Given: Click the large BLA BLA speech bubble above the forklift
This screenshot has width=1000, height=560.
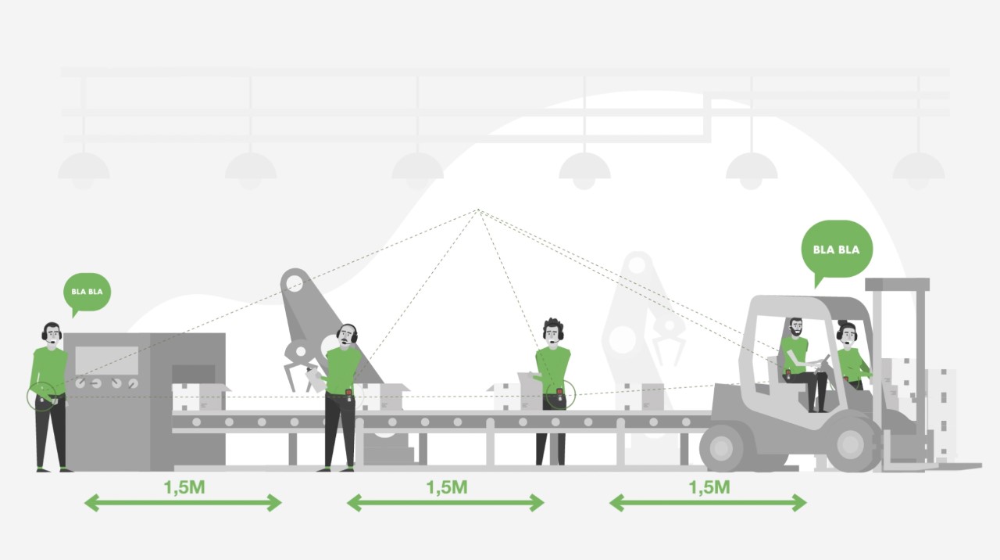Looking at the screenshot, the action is (837, 250).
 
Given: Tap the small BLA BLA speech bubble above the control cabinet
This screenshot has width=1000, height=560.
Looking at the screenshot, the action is (87, 293).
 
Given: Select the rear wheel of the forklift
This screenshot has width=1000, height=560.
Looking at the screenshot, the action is (722, 447).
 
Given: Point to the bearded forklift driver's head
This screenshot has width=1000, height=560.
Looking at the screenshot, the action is (795, 328).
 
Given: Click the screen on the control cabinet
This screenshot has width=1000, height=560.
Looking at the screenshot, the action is (107, 361).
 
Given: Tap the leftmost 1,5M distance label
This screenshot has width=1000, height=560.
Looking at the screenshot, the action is (184, 487).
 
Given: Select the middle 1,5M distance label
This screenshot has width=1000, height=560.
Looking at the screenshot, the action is (447, 487).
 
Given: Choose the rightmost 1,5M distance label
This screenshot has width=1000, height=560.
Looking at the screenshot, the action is (709, 487).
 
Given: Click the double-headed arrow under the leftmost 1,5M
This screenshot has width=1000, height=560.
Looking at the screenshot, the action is (183, 503).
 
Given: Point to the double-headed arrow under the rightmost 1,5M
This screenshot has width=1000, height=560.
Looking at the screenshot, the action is (708, 503).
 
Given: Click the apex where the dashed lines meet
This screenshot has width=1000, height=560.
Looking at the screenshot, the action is (478, 209).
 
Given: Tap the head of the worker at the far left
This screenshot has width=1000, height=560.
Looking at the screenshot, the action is (52, 332).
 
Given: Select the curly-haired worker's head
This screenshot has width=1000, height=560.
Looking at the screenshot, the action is (553, 330).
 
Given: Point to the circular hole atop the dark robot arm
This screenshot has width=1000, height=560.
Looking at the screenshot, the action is (295, 283).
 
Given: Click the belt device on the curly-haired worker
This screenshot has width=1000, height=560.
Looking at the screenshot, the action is (559, 394).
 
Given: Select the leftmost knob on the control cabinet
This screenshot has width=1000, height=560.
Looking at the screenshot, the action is (80, 383).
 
